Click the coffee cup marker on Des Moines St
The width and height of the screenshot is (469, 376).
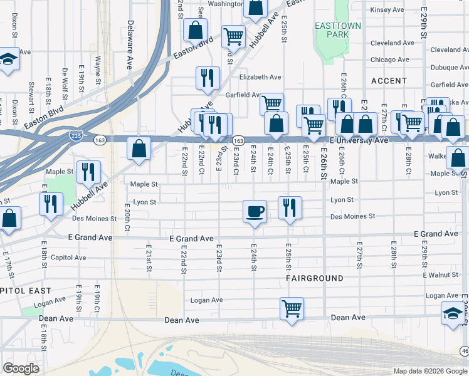tap(254, 211)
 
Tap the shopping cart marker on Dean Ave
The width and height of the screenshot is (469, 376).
tap(292, 308)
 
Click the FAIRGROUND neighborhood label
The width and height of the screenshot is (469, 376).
tap(315, 278)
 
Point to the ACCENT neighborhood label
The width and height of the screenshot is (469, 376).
tap(389, 81)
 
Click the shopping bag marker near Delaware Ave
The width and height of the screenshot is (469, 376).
tap(139, 149)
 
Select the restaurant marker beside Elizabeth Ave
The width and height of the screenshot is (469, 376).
tap(208, 78)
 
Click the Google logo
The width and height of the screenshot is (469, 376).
tap(21, 368)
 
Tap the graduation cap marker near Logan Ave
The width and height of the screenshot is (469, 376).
tap(453, 313)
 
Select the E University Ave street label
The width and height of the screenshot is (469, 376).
tap(355, 140)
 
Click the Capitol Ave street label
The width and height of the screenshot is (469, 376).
tap(72, 258)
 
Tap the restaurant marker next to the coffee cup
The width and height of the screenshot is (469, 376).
tap(290, 207)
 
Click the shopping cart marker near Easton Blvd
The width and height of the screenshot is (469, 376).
tap(233, 36)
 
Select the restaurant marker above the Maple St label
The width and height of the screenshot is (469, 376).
tap(88, 172)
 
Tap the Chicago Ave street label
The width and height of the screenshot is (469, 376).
tap(390, 60)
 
